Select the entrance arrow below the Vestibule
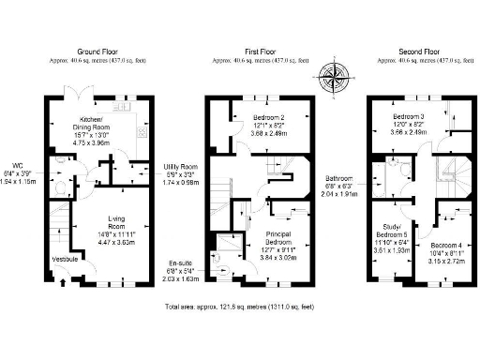point(64,277)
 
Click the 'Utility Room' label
point(178,167)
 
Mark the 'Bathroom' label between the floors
point(340,178)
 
